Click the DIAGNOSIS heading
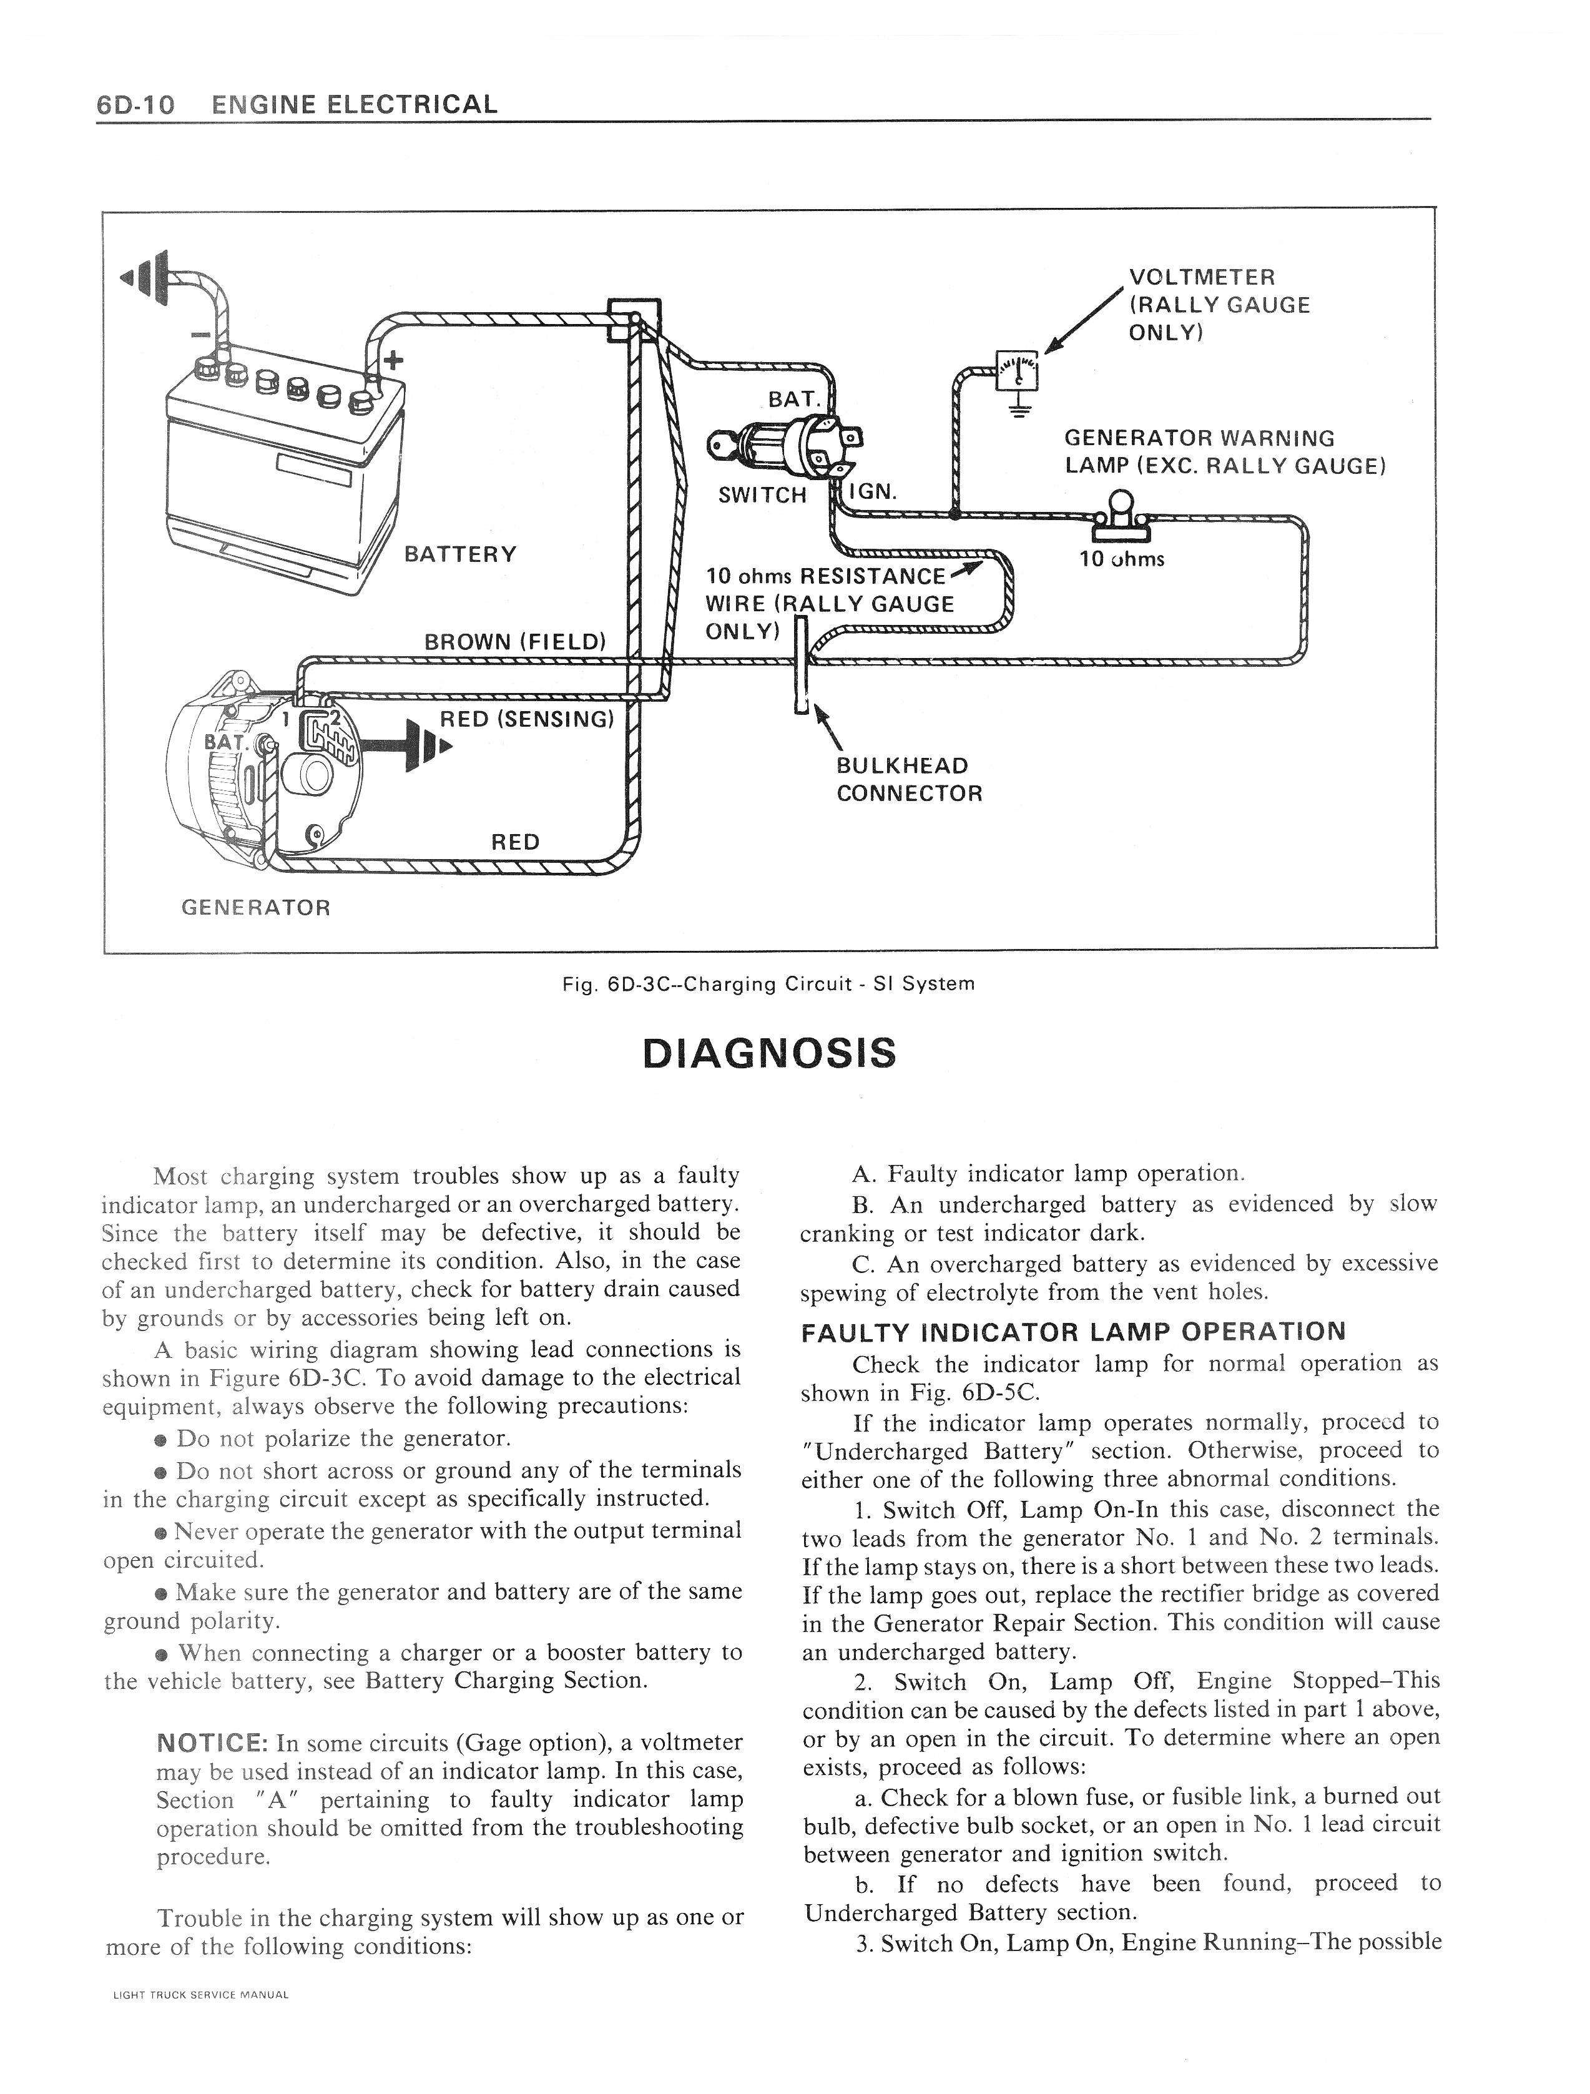pos(768,1053)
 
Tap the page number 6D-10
pos(135,104)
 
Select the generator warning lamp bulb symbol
pos(1121,512)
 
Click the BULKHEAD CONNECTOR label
pos(908,779)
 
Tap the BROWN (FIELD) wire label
pos(515,641)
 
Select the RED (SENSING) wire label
pos(527,719)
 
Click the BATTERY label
pos(460,554)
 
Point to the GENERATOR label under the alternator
pos(255,907)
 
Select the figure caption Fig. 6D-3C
pos(768,983)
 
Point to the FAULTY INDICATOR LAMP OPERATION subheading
pos(1072,1331)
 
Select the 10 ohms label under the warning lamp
pos(1122,559)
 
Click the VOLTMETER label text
pos(1202,277)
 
